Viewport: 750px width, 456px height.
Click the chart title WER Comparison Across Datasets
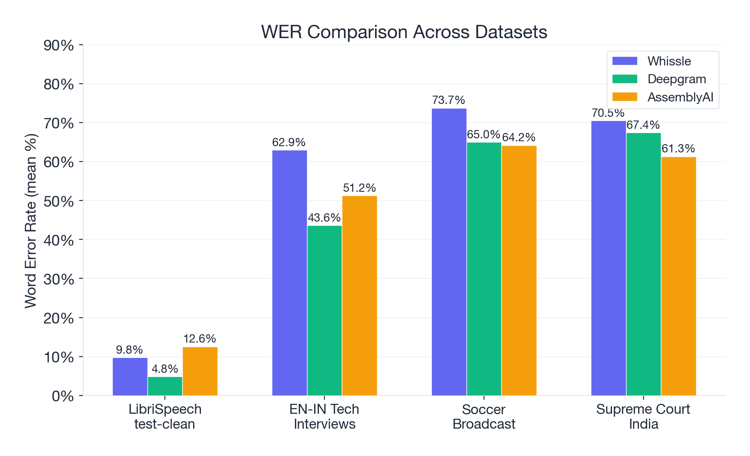click(404, 32)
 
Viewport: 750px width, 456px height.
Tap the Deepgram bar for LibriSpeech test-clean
click(165, 386)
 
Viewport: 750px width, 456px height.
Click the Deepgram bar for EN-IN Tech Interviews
click(324, 310)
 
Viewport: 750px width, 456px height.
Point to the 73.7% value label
click(448, 100)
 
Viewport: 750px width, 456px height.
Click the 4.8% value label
click(165, 369)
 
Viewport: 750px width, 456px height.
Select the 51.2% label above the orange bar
click(359, 188)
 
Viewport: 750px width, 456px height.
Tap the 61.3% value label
click(678, 149)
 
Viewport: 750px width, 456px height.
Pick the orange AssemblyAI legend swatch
click(624, 97)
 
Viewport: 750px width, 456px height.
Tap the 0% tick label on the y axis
click(63, 396)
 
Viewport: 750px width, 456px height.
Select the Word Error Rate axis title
click(31, 221)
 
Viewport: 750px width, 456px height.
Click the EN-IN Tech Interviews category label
click(324, 417)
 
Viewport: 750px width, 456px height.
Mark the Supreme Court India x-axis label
click(643, 417)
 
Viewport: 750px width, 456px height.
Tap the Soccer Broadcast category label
click(484, 417)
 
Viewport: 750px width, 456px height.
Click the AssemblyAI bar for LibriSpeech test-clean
click(200, 371)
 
